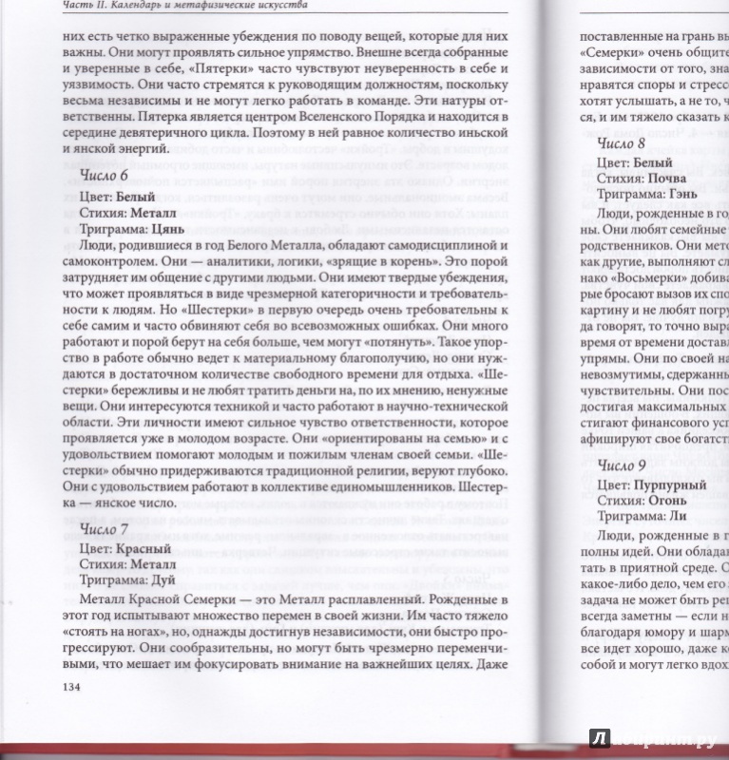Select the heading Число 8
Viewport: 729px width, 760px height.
click(621, 143)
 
